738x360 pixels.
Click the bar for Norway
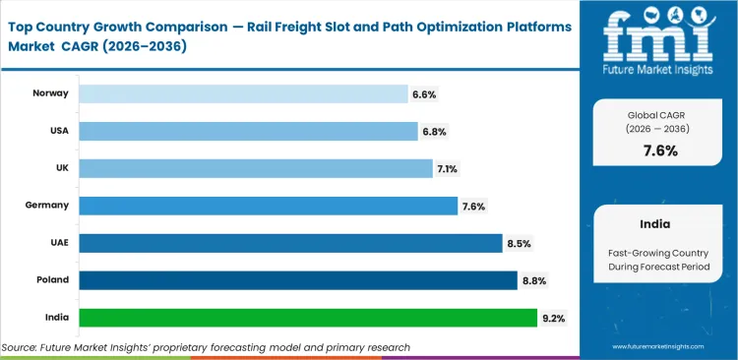(243, 93)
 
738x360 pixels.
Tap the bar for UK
(255, 168)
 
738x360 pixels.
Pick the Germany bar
(269, 206)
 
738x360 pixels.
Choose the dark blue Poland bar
(298, 280)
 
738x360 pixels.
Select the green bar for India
(308, 318)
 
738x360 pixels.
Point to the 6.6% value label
(424, 94)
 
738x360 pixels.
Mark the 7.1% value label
(448, 169)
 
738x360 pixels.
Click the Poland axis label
(52, 280)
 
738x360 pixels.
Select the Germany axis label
(48, 206)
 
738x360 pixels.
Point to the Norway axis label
(50, 93)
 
